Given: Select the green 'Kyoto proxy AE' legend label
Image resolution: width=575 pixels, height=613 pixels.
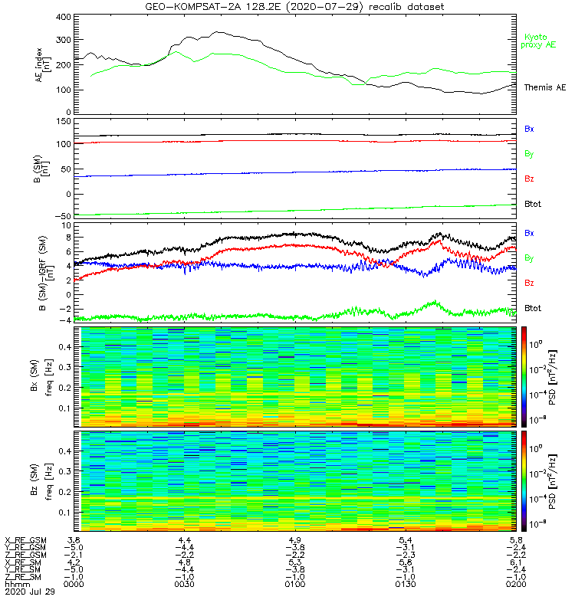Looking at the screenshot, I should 540,41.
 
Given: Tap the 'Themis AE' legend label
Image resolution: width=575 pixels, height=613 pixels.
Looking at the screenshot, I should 544,88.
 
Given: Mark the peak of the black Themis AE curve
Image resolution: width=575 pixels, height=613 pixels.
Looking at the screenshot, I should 219,32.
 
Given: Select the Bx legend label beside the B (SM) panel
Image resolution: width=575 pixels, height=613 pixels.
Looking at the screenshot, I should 529,129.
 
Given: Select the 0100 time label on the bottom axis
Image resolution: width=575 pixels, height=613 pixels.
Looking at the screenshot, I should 294,584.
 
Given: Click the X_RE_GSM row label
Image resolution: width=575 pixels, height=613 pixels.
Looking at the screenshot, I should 25,539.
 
